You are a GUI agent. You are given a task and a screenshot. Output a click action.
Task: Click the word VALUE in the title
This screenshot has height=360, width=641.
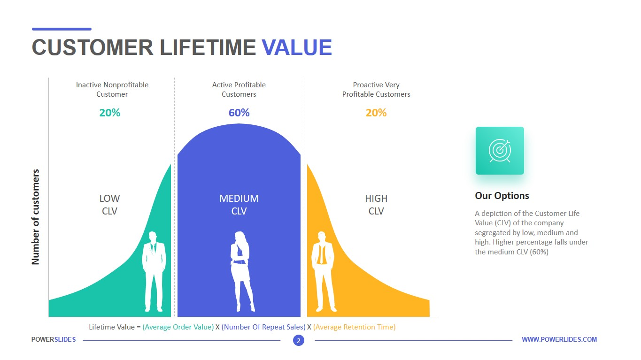coord(297,47)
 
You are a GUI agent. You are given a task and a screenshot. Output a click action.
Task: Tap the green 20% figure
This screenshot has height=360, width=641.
coord(109,113)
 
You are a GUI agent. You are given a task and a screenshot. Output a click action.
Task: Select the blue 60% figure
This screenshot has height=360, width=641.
coord(239,113)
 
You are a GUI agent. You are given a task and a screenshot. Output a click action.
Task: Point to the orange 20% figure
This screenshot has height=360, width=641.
coord(376,113)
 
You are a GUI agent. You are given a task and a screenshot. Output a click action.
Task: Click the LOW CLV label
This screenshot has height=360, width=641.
coord(109,205)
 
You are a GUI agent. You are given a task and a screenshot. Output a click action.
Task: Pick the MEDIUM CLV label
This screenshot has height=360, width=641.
coord(239,205)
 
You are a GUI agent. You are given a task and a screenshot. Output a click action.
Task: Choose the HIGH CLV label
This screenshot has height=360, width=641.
coord(376,205)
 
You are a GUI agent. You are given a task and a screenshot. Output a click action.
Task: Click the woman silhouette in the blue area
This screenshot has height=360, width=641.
coord(242,271)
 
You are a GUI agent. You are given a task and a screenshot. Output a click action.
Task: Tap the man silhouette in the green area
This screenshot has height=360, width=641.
coord(154,271)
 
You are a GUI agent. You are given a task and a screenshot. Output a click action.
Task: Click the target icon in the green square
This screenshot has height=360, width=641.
coord(500,151)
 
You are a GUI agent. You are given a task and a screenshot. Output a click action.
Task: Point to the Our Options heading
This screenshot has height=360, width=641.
coord(502,196)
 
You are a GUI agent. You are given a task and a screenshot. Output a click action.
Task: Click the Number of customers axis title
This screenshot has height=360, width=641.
coord(35,217)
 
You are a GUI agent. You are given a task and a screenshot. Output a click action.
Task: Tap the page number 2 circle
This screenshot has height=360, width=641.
coord(299,340)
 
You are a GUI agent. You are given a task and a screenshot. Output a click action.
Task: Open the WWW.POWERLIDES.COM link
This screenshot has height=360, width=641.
coord(559,339)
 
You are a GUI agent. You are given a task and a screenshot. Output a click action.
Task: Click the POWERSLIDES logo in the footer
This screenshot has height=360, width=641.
coord(54,339)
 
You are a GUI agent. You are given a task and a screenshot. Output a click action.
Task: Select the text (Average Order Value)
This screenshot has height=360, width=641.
coord(178,327)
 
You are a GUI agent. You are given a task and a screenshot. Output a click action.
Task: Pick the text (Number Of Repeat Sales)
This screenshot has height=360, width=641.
coord(263,327)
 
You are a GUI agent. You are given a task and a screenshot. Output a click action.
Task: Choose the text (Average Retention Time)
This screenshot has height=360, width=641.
coord(354,327)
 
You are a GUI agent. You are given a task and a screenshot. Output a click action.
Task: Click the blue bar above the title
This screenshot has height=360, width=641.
coord(62,29)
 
